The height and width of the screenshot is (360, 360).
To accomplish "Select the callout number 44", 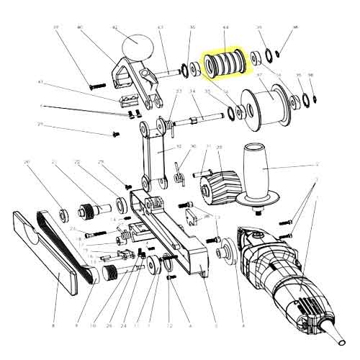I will click(x=225, y=28).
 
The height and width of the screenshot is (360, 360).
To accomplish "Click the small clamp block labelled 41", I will click(x=127, y=99).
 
